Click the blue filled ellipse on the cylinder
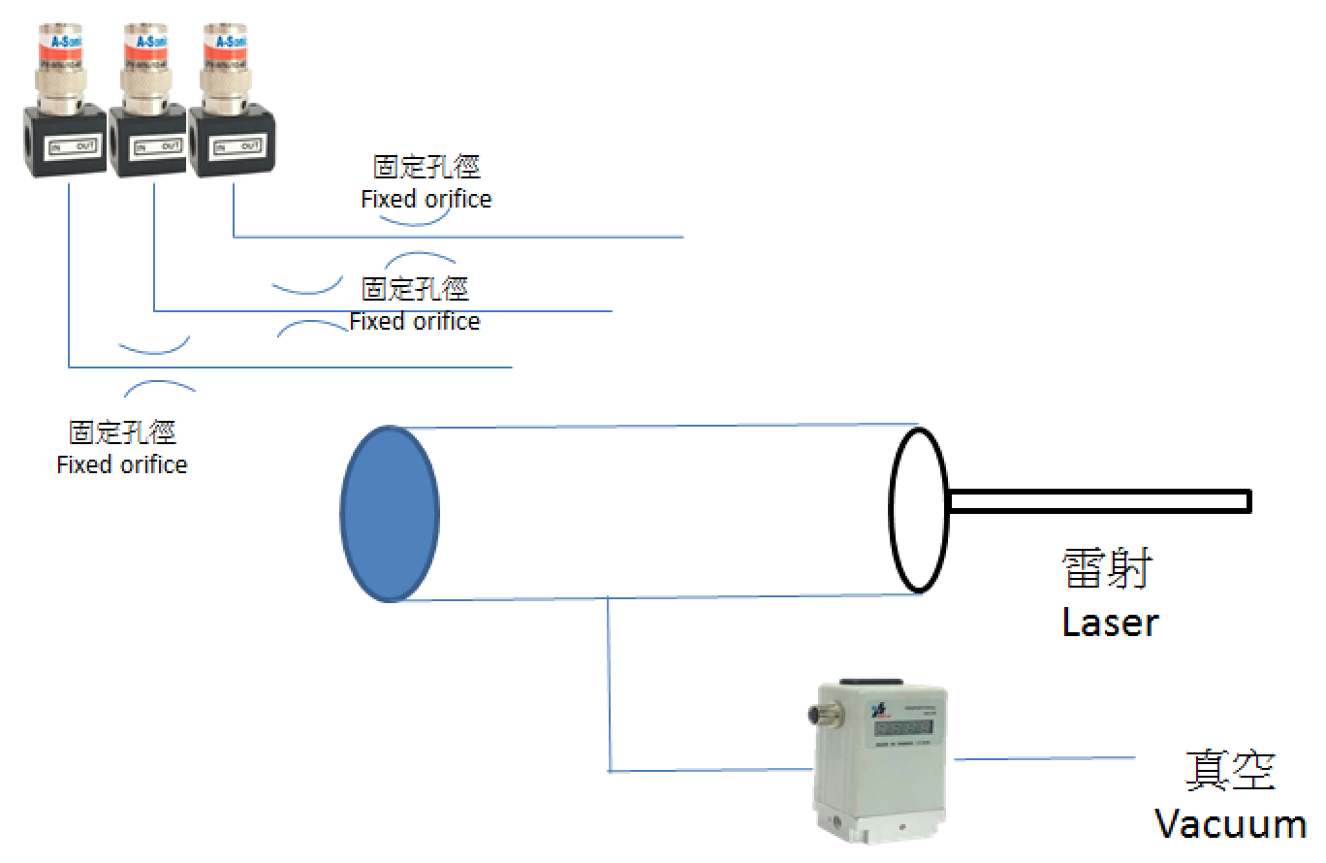[x=389, y=513]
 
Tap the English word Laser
[x=1110, y=622]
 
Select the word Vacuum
[x=1230, y=824]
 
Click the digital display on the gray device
[x=902, y=727]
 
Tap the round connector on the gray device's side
[x=816, y=715]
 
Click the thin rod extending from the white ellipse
[x=1100, y=501]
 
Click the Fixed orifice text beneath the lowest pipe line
[x=122, y=464]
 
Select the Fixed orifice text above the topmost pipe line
[x=426, y=200]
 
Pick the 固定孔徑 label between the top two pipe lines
[x=415, y=289]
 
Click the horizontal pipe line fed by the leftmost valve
[x=291, y=368]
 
